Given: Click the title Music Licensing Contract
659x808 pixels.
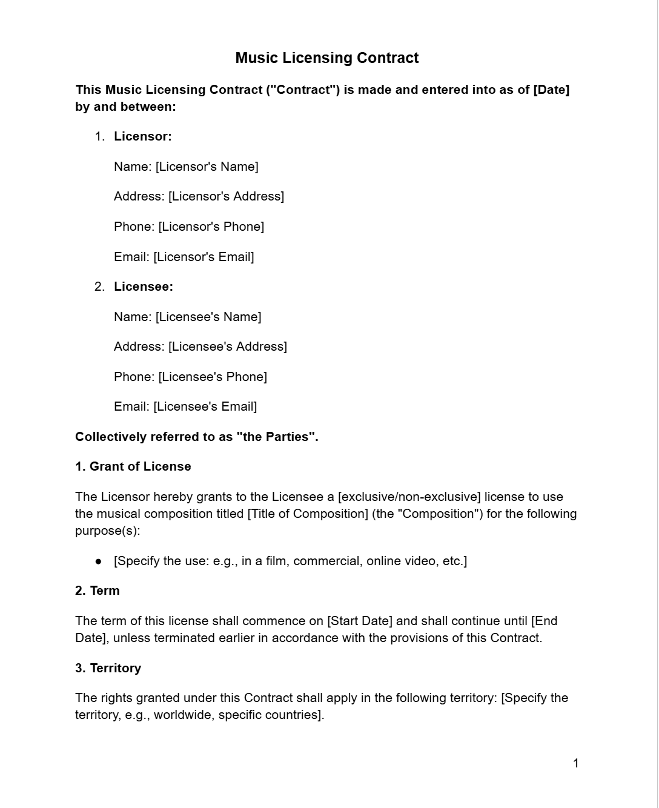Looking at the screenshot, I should tap(326, 58).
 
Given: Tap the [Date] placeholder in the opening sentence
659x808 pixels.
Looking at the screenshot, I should tap(551, 90).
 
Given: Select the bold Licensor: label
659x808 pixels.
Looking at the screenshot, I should tap(143, 136).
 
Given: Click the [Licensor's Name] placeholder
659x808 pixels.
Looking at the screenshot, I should tap(207, 167).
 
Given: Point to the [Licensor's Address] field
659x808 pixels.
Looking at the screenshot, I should tap(226, 196).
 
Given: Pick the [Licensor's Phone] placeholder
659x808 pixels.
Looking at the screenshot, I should tap(211, 227).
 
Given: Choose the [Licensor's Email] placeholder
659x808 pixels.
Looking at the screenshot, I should tap(204, 257).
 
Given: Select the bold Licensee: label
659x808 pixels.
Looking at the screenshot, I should tap(144, 286).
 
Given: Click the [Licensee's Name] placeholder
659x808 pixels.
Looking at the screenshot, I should tap(208, 317).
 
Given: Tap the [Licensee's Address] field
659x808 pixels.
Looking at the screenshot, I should tap(228, 346).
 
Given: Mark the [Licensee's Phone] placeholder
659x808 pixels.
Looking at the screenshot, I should tap(213, 377).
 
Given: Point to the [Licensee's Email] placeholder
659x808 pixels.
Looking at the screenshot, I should tap(205, 406).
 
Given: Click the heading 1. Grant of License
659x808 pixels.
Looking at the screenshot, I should tap(133, 466).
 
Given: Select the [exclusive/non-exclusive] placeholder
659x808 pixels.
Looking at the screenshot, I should tap(409, 497).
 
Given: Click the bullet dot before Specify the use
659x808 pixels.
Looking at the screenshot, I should tap(99, 561).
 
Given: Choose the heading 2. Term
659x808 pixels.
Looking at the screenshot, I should tap(98, 591).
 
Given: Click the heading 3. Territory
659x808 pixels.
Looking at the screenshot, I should tap(108, 668).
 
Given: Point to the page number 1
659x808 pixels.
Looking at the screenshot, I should tap(575, 763).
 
